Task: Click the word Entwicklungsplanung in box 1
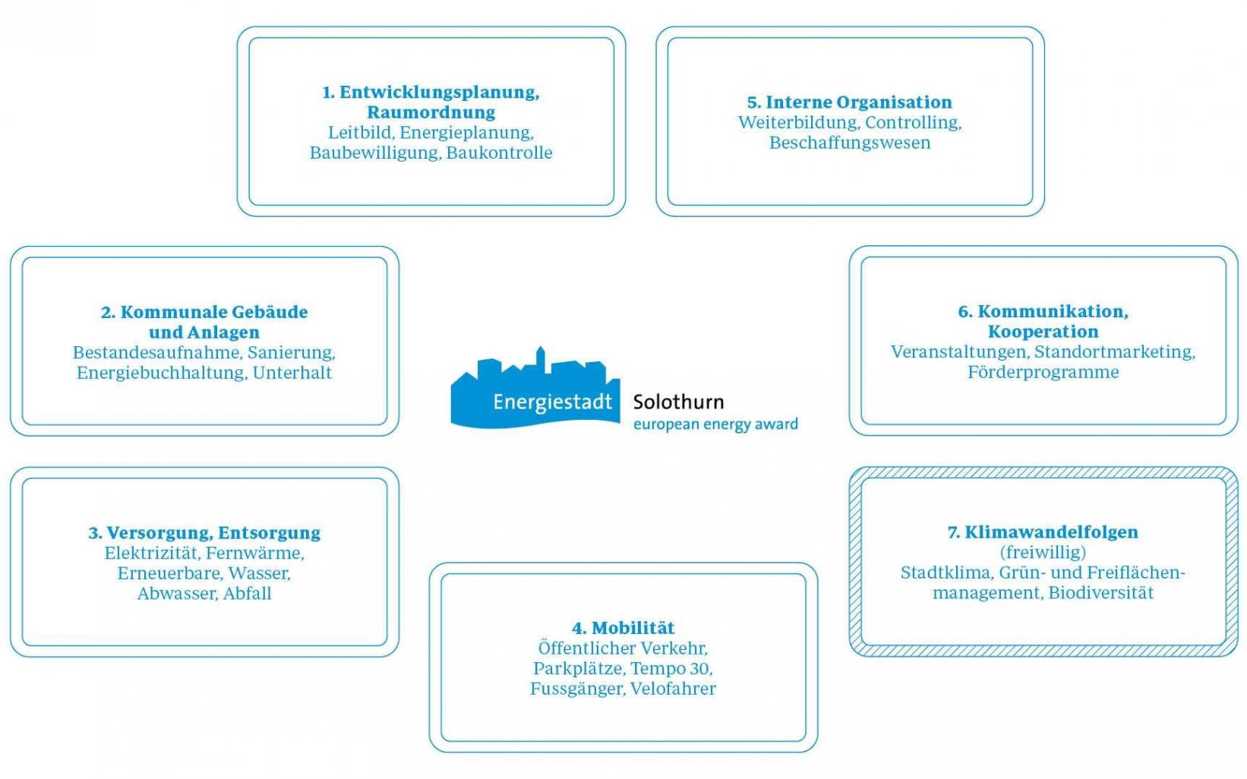[439, 93]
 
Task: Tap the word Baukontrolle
[499, 153]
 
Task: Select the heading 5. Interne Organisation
[850, 102]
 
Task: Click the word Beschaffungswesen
[850, 143]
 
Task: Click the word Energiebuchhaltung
[162, 373]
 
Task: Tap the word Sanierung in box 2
[291, 353]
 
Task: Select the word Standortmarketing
[1115, 352]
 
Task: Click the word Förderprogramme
[1043, 372]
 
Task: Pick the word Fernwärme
[254, 553]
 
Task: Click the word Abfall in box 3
[247, 594]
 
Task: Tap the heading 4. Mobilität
[623, 628]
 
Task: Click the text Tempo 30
[671, 668]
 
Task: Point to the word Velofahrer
[673, 689]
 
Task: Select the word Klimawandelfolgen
[1051, 532]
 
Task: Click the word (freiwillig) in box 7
[1043, 553]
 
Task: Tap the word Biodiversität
[1100, 593]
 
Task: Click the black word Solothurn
[679, 402]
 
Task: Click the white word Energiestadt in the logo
[552, 402]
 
